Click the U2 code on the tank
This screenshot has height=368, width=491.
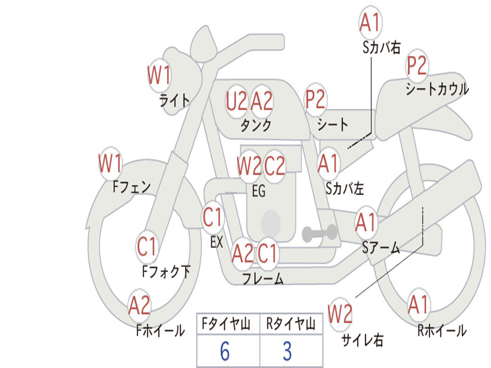pyautogui.click(x=236, y=102)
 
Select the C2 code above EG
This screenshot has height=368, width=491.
pyautogui.click(x=275, y=165)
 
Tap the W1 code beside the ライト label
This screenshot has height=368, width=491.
pyautogui.click(x=159, y=75)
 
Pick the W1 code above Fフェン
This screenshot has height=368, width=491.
pyautogui.click(x=110, y=163)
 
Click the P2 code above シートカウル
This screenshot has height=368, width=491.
pyautogui.click(x=417, y=65)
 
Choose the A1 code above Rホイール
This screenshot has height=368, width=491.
pyautogui.click(x=418, y=305)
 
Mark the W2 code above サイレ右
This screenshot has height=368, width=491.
pyautogui.click(x=340, y=313)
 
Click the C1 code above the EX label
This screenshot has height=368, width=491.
pyautogui.click(x=212, y=217)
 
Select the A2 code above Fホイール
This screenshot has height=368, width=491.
pyautogui.click(x=140, y=305)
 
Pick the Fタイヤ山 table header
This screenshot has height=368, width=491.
pyautogui.click(x=226, y=323)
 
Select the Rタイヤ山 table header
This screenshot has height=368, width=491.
pyautogui.click(x=291, y=323)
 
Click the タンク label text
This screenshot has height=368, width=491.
pyautogui.click(x=256, y=125)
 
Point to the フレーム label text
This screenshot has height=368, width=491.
pyautogui.click(x=263, y=278)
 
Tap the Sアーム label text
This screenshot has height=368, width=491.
pyautogui.click(x=381, y=248)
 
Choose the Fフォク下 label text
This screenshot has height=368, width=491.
pyautogui.click(x=166, y=271)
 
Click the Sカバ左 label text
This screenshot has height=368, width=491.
pyautogui.click(x=345, y=188)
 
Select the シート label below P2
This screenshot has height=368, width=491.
pyautogui.click(x=333, y=125)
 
